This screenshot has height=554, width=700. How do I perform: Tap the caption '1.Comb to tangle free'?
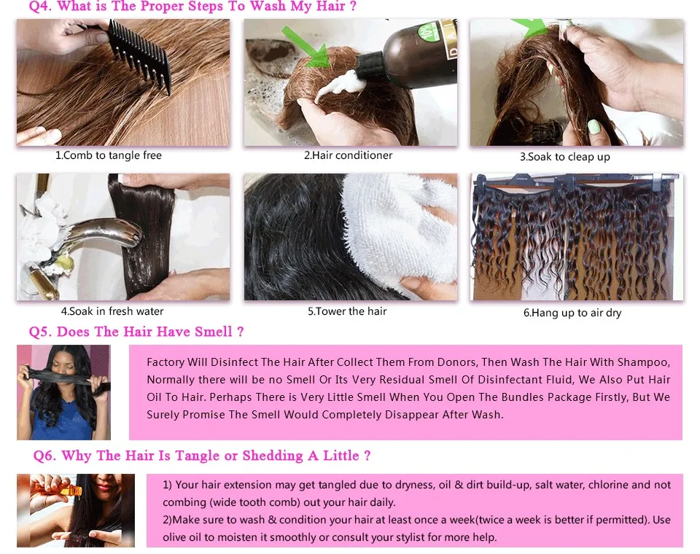(109, 155)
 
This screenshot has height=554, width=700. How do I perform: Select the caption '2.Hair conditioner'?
(348, 155)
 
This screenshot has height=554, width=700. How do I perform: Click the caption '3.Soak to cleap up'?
(564, 157)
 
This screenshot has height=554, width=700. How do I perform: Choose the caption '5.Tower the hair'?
(347, 311)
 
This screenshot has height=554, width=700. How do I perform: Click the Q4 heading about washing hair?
(192, 7)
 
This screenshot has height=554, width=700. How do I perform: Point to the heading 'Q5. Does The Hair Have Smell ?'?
(136, 332)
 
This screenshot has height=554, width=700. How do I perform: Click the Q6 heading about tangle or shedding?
(202, 456)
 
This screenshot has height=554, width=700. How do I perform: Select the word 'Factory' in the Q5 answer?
(166, 362)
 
